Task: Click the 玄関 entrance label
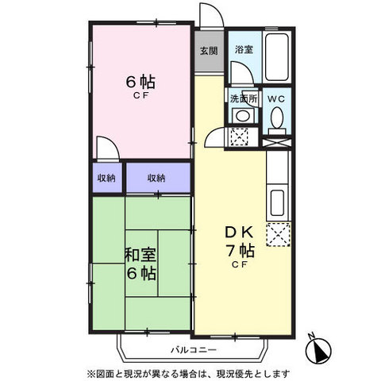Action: coord(209,51)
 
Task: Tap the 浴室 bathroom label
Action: coord(244,49)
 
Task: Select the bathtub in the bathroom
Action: coord(277,57)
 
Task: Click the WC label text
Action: coord(276,99)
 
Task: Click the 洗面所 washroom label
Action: coord(244,98)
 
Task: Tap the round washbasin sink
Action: coord(243,116)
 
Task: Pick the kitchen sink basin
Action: coord(277,202)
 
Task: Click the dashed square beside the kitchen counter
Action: coord(278,235)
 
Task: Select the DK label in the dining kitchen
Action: coord(240,233)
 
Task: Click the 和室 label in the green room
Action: coord(140,255)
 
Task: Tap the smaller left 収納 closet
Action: coord(106,178)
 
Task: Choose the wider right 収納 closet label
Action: coord(156,178)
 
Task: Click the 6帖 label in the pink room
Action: coord(140,82)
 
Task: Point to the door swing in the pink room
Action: coord(108,148)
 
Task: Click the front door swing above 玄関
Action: coord(211,15)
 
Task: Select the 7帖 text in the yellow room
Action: coord(240,251)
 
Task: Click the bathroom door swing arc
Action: coord(242,73)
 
